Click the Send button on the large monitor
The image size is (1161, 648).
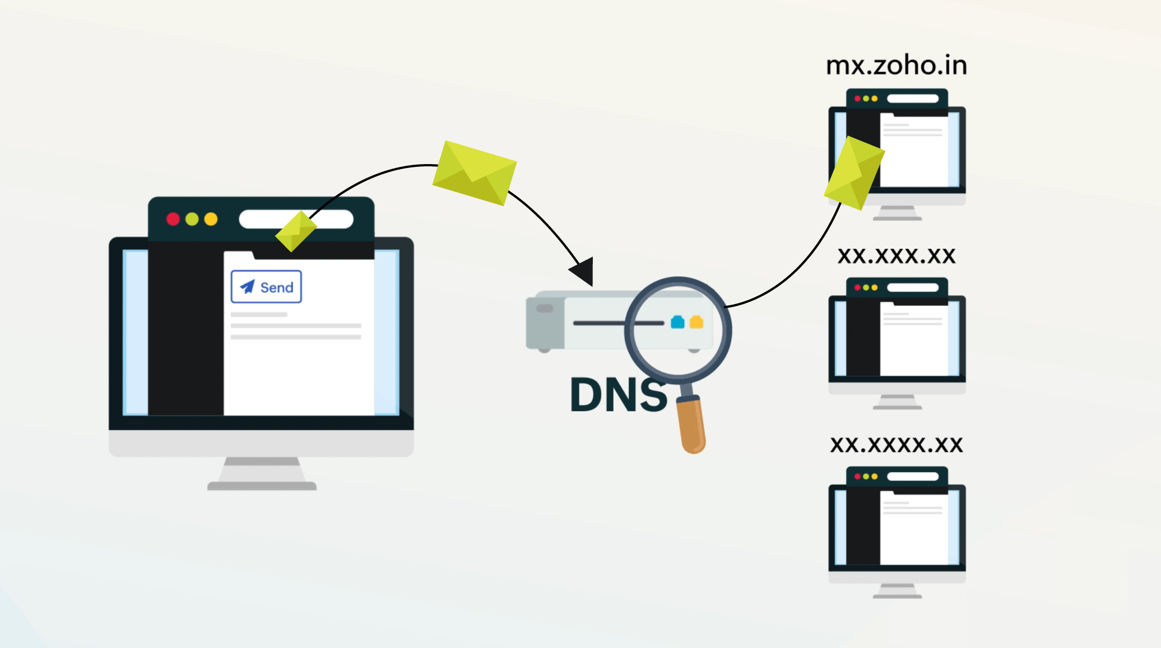pos(266,287)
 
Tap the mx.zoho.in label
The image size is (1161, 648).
pos(897,66)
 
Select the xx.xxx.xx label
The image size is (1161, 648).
pos(897,256)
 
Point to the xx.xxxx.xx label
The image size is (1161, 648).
pos(897,445)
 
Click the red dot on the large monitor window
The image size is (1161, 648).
pos(173,219)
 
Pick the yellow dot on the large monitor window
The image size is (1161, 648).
pos(211,219)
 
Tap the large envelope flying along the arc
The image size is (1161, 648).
pos(475,173)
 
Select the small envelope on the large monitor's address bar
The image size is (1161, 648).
pos(296,231)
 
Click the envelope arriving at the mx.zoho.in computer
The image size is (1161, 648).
pos(854,173)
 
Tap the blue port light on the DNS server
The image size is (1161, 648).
pos(677,322)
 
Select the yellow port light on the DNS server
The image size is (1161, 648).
pos(696,322)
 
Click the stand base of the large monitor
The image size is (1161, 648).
pos(262,486)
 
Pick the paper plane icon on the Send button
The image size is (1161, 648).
pos(247,287)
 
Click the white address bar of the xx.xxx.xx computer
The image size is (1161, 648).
pos(912,287)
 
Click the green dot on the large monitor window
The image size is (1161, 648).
pos(192,219)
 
